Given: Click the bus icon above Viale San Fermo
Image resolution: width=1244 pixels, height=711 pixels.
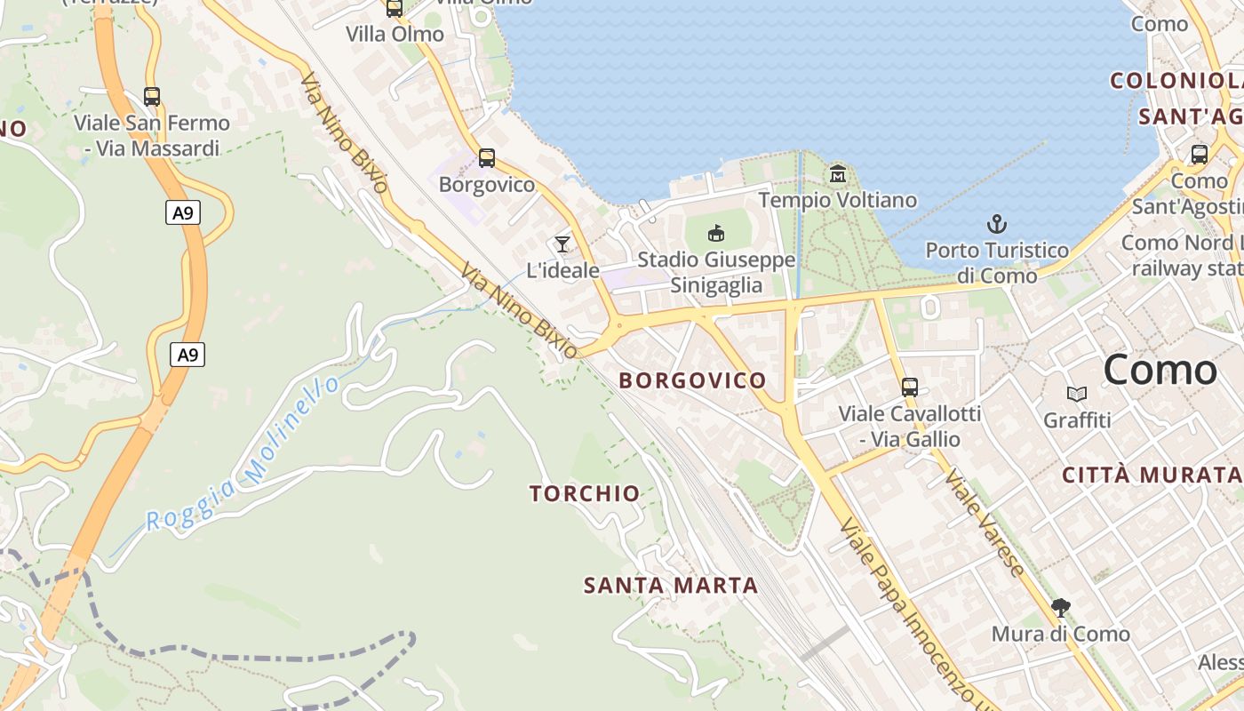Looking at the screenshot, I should [x=152, y=97].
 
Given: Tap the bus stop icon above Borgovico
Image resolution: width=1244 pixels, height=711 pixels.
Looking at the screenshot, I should [x=487, y=158].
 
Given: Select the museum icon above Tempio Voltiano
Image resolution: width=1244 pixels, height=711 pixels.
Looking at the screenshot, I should [x=838, y=174].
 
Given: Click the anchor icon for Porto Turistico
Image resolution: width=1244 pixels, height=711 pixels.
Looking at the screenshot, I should [x=997, y=224].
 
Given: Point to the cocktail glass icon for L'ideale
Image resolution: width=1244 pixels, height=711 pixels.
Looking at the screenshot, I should [x=562, y=244].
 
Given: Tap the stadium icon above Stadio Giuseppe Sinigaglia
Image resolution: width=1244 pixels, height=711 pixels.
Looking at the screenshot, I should [x=716, y=233].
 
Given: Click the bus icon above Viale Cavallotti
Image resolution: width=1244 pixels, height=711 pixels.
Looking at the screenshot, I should [x=910, y=387].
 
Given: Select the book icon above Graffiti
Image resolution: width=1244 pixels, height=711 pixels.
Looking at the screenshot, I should [x=1077, y=394].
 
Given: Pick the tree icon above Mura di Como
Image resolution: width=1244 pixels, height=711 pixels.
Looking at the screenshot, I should [x=1060, y=608].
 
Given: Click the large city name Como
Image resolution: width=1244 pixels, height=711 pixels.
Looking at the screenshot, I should [x=1160, y=370].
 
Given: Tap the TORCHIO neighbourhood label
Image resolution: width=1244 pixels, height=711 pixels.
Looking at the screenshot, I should [x=585, y=494].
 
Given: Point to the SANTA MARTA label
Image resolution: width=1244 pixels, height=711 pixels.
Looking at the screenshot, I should [x=671, y=586].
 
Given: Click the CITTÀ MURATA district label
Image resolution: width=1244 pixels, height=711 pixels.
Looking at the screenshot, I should [x=1152, y=475].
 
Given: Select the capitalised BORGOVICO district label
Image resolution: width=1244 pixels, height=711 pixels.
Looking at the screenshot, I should [x=692, y=380].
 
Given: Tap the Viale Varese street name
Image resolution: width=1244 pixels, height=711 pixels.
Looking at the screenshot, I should [x=985, y=522].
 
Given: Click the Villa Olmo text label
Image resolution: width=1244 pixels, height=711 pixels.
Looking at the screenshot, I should [x=395, y=35].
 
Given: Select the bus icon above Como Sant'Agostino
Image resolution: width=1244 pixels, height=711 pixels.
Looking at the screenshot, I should [x=1200, y=155].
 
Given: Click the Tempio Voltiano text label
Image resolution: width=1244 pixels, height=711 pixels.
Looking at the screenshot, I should [x=837, y=200].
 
